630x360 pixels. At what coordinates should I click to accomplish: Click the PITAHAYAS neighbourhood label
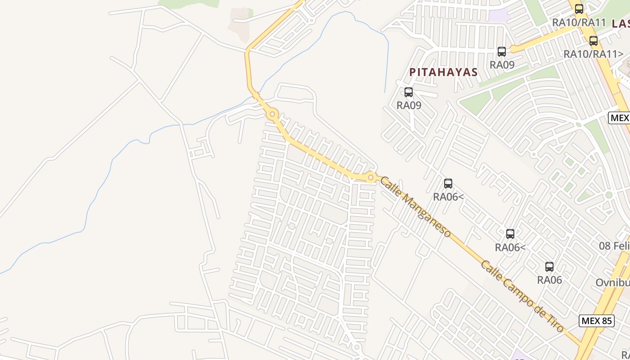[x=443, y=72]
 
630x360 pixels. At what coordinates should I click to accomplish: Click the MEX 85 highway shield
[x=596, y=321]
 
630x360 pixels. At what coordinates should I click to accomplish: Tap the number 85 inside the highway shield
[x=606, y=321]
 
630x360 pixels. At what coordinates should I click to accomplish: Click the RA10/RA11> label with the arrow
[x=593, y=54]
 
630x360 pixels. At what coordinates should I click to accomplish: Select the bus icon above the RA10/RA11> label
[x=594, y=41]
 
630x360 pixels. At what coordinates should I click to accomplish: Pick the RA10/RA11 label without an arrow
[x=579, y=22]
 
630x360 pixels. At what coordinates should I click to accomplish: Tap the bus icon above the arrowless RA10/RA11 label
[x=579, y=9]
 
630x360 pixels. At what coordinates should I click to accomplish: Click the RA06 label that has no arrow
[x=549, y=280]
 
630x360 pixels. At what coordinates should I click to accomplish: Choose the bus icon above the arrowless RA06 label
[x=549, y=266]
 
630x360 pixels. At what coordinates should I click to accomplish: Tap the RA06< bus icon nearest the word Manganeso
[x=448, y=183]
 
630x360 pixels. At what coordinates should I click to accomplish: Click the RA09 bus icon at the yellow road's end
[x=502, y=51]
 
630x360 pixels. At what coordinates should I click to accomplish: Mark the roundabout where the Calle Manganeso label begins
[x=370, y=177]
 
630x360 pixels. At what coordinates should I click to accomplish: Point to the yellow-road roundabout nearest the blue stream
[x=272, y=115]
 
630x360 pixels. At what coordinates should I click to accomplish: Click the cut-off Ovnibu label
[x=612, y=283]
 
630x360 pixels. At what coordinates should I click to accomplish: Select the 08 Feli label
[x=614, y=246]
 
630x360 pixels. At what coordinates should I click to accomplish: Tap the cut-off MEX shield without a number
[x=620, y=118]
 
